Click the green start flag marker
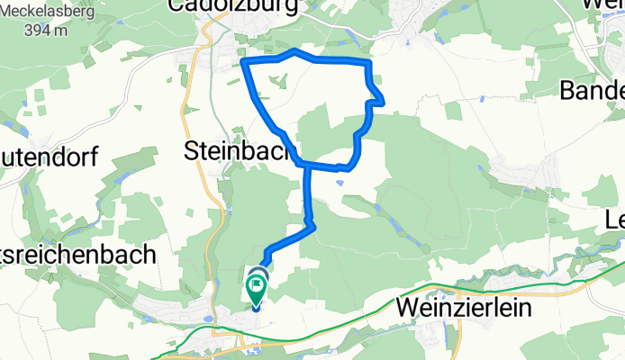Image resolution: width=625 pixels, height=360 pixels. tap(257, 290)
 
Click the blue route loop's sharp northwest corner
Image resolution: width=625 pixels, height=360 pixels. tap(244, 61)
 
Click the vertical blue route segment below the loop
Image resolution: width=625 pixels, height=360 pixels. tap(308, 193)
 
